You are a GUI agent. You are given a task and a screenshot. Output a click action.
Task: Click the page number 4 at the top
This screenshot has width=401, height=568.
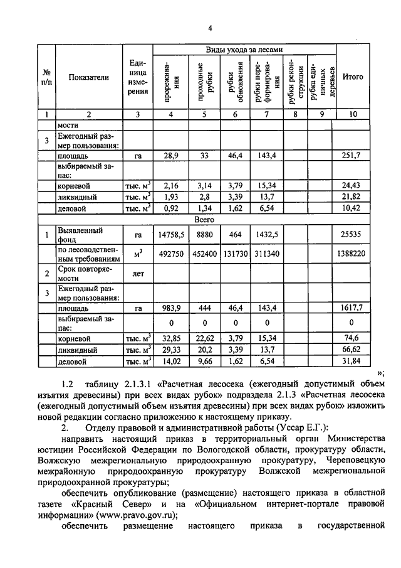(211, 28)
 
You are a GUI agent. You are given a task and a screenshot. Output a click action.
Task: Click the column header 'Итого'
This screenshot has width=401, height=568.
(353, 77)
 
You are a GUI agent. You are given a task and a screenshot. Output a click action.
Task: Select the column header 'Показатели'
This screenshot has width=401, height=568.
(89, 77)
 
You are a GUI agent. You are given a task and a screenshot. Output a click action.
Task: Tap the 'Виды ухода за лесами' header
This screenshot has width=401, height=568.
(244, 50)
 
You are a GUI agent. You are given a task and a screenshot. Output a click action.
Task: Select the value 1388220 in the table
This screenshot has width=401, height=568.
(353, 253)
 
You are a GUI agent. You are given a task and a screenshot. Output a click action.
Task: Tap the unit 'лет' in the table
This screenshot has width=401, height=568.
(137, 274)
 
